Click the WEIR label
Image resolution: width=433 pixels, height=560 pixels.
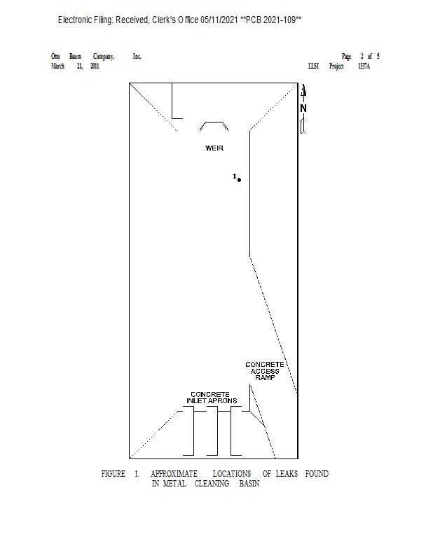[214, 148]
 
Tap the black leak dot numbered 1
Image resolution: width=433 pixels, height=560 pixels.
[239, 180]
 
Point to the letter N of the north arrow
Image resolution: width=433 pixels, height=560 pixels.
[303, 108]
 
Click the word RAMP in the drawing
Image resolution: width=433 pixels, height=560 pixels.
[265, 378]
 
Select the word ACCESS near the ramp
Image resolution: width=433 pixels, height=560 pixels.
[265, 371]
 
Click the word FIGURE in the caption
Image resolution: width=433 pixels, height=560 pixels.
[114, 474]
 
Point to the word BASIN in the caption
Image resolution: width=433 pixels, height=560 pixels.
[249, 484]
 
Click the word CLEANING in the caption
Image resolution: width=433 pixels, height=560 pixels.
[212, 484]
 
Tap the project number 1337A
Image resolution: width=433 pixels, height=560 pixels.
[364, 66]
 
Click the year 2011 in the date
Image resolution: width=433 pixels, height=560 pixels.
[95, 66]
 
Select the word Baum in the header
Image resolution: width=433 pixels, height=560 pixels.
[75, 56]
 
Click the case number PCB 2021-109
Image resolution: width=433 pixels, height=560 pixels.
[272, 20]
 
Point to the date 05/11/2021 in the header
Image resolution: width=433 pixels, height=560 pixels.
[219, 20]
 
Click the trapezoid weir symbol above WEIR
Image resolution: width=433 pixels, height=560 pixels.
[214, 127]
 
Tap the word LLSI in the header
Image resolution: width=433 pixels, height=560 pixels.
[313, 66]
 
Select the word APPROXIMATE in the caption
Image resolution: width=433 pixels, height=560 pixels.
[174, 474]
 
